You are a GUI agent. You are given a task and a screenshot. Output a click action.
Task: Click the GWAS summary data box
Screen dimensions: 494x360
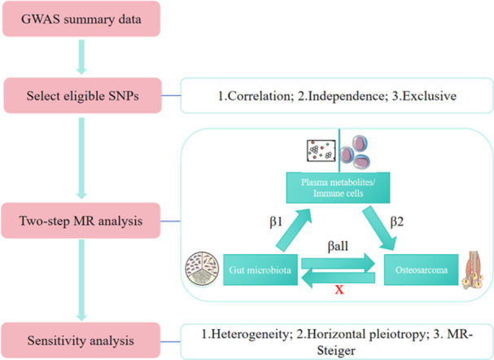[81, 19]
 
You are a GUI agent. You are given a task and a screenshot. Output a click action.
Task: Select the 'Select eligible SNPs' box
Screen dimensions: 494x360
[82, 95]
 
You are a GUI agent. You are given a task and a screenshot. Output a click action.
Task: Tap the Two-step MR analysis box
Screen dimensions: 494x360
[81, 221]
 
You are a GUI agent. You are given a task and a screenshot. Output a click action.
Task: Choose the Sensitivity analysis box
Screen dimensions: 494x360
[81, 340]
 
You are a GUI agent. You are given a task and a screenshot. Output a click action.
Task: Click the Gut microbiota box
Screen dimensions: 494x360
[260, 270]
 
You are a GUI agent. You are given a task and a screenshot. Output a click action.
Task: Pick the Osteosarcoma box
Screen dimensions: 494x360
[422, 270]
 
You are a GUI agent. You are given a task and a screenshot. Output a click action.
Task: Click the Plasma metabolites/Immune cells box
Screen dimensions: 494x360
[338, 187]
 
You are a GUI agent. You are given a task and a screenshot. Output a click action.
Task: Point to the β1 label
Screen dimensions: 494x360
[276, 222]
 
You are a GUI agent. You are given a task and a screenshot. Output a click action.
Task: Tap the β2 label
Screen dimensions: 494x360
[396, 222]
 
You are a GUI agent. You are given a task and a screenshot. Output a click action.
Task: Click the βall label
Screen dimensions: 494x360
[338, 246]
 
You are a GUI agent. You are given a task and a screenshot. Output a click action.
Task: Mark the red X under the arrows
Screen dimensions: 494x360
[339, 289]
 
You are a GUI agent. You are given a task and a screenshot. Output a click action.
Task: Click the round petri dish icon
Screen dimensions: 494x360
[202, 269]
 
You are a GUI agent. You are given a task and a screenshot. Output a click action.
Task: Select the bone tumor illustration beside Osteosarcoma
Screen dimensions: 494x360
[473, 270]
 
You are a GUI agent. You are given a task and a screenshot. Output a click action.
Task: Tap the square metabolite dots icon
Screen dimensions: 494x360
[321, 151]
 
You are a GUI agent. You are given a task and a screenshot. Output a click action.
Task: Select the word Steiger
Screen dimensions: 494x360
[336, 350]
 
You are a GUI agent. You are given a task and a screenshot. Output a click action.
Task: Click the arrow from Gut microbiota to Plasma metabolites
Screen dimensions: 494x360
[294, 230]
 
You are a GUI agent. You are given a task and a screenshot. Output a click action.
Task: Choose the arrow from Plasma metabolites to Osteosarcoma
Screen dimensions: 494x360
[379, 229]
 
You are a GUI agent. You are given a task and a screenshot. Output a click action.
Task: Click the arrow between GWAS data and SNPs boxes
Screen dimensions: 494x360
[81, 57]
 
